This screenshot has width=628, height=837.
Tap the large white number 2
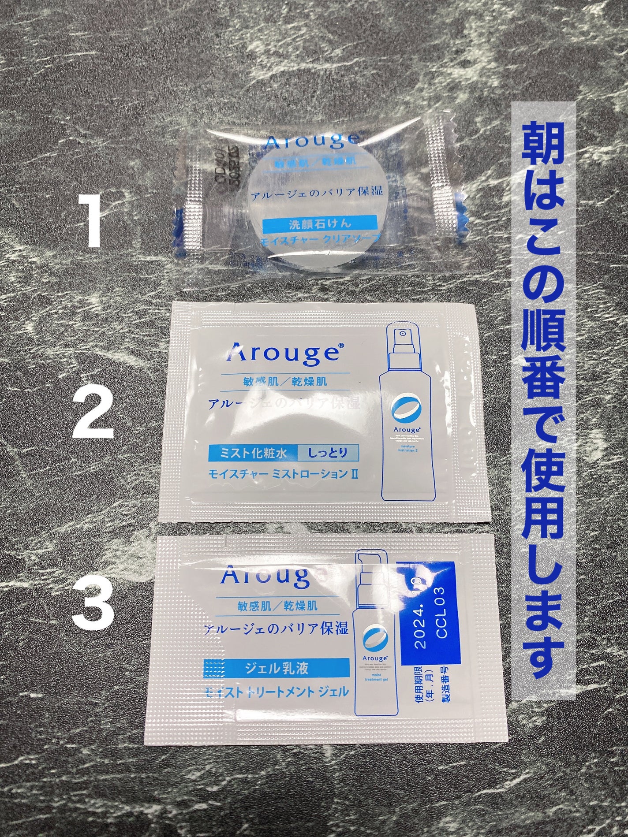coord(94,408)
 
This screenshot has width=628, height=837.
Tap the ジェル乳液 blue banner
coord(276,668)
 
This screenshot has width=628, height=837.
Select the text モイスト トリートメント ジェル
coord(276,691)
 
